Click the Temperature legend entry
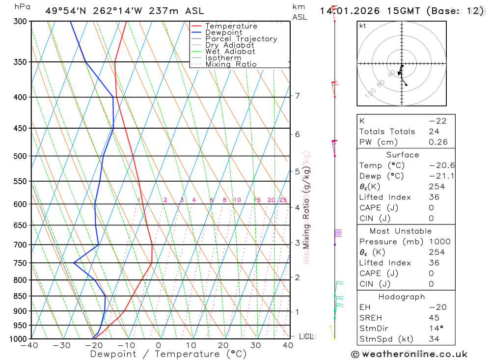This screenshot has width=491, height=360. point(231,26)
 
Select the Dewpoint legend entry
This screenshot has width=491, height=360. point(224,32)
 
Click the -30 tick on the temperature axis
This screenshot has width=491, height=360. point(61,346)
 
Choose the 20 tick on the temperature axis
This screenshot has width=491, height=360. point(223,346)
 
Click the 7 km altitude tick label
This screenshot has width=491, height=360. point(298,96)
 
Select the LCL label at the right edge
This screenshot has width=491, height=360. point(306,336)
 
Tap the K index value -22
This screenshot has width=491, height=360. point(434,121)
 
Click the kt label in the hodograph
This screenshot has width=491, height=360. point(362,26)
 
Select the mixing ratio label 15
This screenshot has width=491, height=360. point(257,200)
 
